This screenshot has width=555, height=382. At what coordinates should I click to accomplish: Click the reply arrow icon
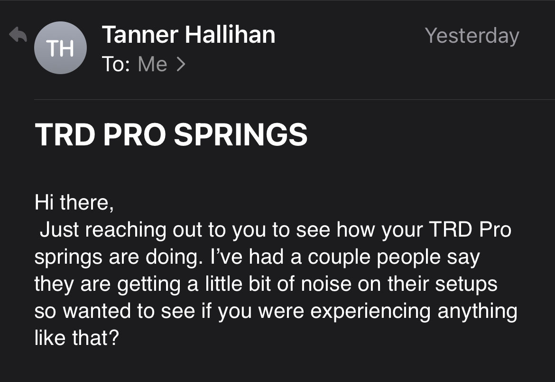point(18,34)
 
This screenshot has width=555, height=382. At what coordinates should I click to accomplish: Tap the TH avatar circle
point(60,48)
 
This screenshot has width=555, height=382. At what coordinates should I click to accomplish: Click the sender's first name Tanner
point(140,35)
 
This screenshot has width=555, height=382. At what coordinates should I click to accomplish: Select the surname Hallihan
point(230,35)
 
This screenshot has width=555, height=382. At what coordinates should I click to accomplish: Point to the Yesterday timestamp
point(472,36)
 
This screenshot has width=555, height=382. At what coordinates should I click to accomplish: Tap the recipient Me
point(152,64)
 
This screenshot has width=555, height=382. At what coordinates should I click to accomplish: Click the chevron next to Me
point(181,64)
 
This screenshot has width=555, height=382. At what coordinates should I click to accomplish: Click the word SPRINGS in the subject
point(240,134)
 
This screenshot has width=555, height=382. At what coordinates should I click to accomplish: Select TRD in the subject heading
point(65,134)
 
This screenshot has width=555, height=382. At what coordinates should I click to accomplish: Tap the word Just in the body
point(59,229)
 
